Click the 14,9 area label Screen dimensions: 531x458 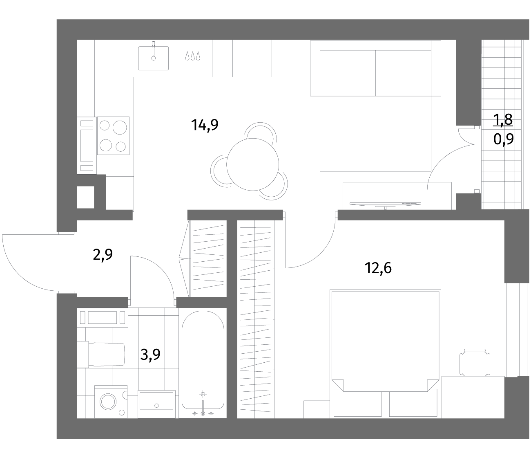point(205,125)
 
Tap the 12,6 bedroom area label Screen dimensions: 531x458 point(378,268)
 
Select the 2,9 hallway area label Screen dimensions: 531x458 point(103,255)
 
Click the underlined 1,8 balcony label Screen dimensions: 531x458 point(503,119)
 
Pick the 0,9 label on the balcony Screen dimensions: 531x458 point(504,139)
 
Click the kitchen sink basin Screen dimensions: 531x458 point(153,58)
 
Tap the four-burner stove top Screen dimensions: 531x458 point(113,135)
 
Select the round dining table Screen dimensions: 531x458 point(252,164)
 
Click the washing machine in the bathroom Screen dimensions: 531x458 point(111,402)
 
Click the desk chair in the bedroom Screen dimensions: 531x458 point(475,363)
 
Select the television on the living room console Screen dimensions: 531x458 point(385,204)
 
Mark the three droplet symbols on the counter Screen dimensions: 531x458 point(193,56)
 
